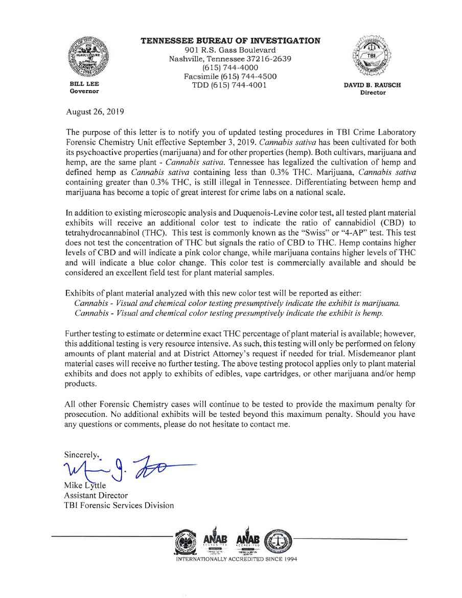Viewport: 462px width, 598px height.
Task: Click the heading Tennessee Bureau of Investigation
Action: pos(230,41)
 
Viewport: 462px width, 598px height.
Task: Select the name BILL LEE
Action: pos(84,83)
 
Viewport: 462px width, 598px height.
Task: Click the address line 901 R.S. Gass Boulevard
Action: pos(230,50)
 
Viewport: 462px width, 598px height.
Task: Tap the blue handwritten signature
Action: pos(128,467)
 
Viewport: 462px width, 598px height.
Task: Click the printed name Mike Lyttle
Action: pos(85,485)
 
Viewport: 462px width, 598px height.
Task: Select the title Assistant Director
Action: pos(96,495)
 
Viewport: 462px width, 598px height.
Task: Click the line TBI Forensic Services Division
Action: pos(119,505)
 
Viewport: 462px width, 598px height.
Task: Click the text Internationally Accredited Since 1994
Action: pos(236,559)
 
